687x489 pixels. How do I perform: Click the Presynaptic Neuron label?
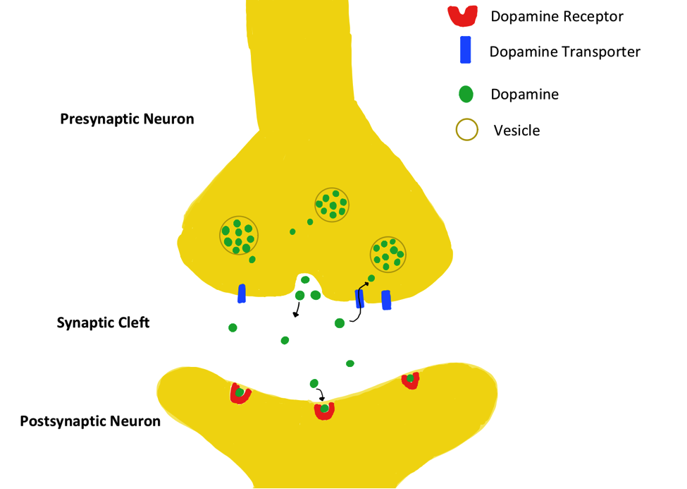tap(127, 119)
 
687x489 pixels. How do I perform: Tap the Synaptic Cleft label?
tap(104, 323)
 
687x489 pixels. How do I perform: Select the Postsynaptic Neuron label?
tap(90, 421)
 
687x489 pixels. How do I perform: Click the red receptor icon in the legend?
tap(463, 15)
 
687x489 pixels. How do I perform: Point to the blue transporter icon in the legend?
tap(465, 51)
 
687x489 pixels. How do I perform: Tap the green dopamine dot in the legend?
tap(465, 94)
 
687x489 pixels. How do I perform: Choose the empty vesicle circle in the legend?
tap(466, 130)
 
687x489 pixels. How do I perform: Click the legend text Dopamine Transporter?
tap(564, 52)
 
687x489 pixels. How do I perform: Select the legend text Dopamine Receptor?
tap(557, 16)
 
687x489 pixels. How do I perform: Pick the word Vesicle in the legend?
tap(516, 131)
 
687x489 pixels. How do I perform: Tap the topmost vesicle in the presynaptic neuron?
tap(332, 204)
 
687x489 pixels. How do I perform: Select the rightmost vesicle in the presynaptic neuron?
tap(388, 254)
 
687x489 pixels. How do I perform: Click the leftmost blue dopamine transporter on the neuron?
tap(242, 294)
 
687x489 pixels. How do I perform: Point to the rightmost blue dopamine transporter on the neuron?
tap(386, 300)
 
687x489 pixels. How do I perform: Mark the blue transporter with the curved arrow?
tap(359, 298)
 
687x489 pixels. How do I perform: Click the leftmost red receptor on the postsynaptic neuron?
tap(240, 393)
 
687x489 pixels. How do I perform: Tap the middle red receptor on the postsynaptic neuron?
tap(324, 410)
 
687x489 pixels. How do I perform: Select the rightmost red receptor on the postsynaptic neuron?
tap(410, 380)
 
